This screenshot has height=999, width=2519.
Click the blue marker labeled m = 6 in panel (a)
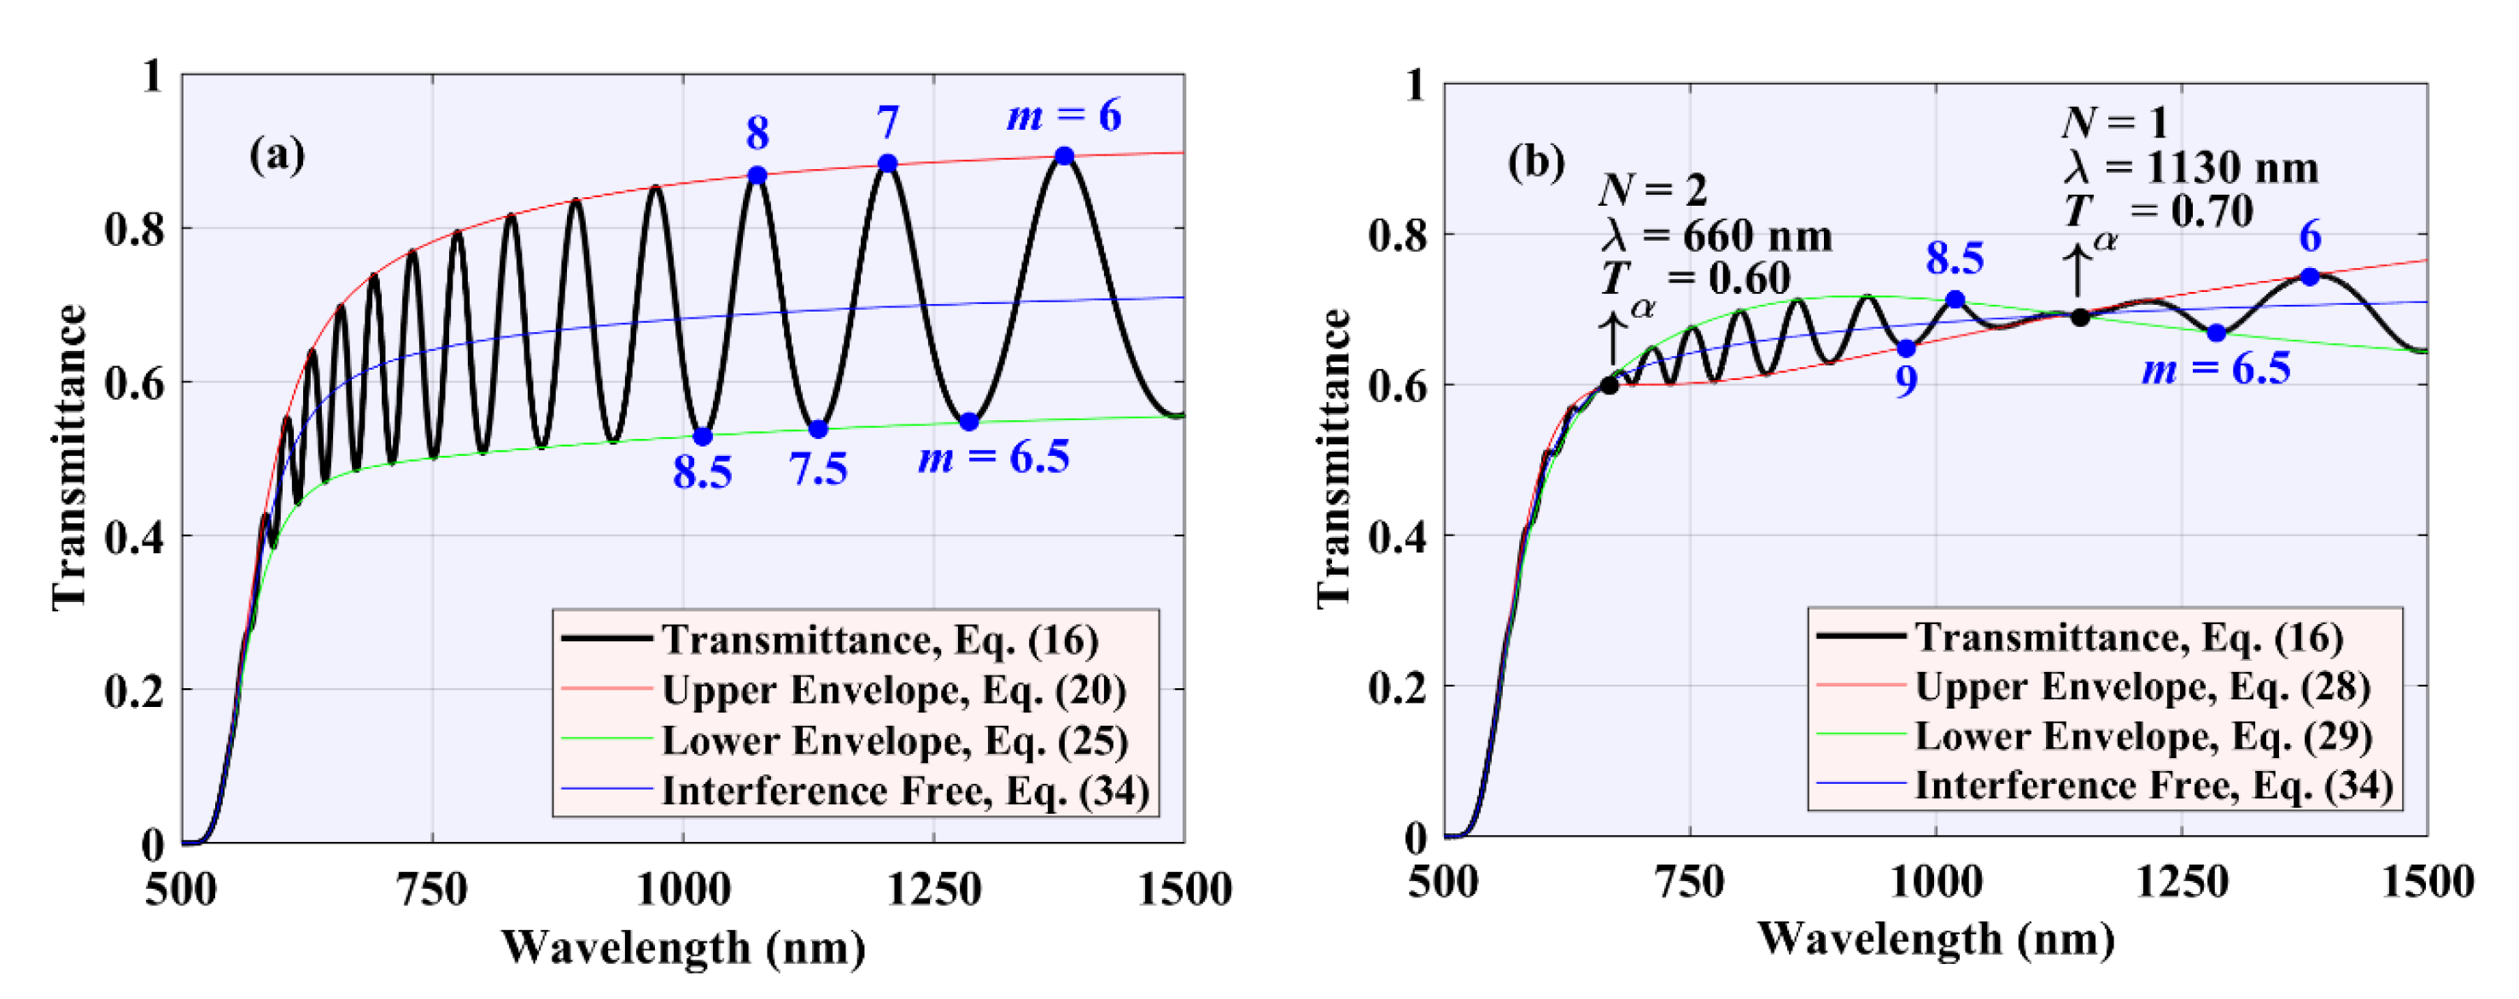click(x=1064, y=156)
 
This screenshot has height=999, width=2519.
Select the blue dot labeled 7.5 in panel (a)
click(x=819, y=429)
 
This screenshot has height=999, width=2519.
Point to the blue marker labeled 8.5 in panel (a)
click(x=702, y=437)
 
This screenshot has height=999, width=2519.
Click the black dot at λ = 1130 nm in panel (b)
click(x=2080, y=318)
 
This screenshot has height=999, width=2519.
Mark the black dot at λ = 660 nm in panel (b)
click(x=1609, y=385)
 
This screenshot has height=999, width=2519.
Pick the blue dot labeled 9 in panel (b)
click(x=1906, y=349)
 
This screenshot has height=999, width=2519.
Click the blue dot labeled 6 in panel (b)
click(x=2310, y=277)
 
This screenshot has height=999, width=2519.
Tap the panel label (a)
click(x=277, y=155)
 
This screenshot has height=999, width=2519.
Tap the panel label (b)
click(x=1535, y=161)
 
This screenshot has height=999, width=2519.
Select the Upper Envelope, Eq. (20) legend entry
click(x=893, y=690)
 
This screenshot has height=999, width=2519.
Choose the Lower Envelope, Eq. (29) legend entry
click(x=2142, y=736)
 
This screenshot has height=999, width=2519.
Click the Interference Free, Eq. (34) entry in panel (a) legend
click(x=904, y=791)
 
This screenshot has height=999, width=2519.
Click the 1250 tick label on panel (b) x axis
click(x=2182, y=883)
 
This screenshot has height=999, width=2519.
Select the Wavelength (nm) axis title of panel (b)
click(x=1936, y=939)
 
